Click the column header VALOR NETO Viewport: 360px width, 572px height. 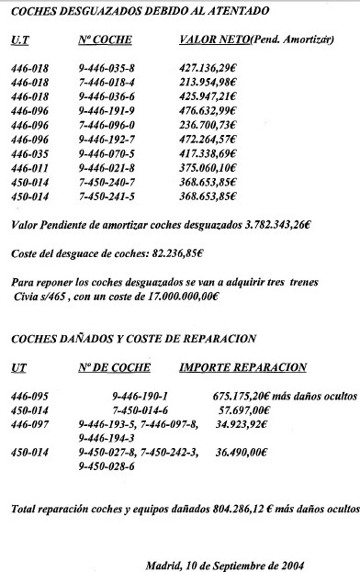[x=210, y=40]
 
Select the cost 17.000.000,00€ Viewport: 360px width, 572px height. [x=178, y=297]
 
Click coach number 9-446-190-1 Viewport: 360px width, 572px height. [x=137, y=396]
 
